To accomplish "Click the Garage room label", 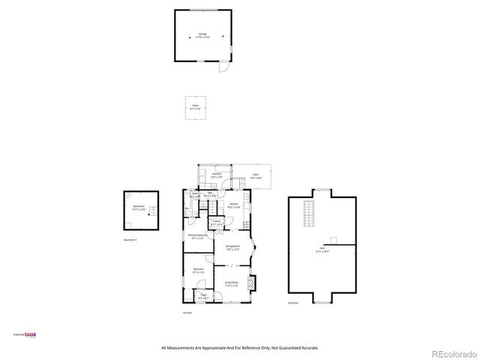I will [202, 35].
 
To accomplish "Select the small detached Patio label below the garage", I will [196, 107].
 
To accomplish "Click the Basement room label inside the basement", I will [139, 207].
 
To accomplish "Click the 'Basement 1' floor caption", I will [130, 239].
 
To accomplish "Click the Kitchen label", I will [234, 205].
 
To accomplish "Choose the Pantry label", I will [216, 223].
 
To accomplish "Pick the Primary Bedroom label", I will [196, 237].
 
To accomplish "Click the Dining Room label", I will [232, 247].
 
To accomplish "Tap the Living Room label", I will [232, 284].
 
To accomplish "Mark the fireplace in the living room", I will [253, 283].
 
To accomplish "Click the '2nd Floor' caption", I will [292, 303].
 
